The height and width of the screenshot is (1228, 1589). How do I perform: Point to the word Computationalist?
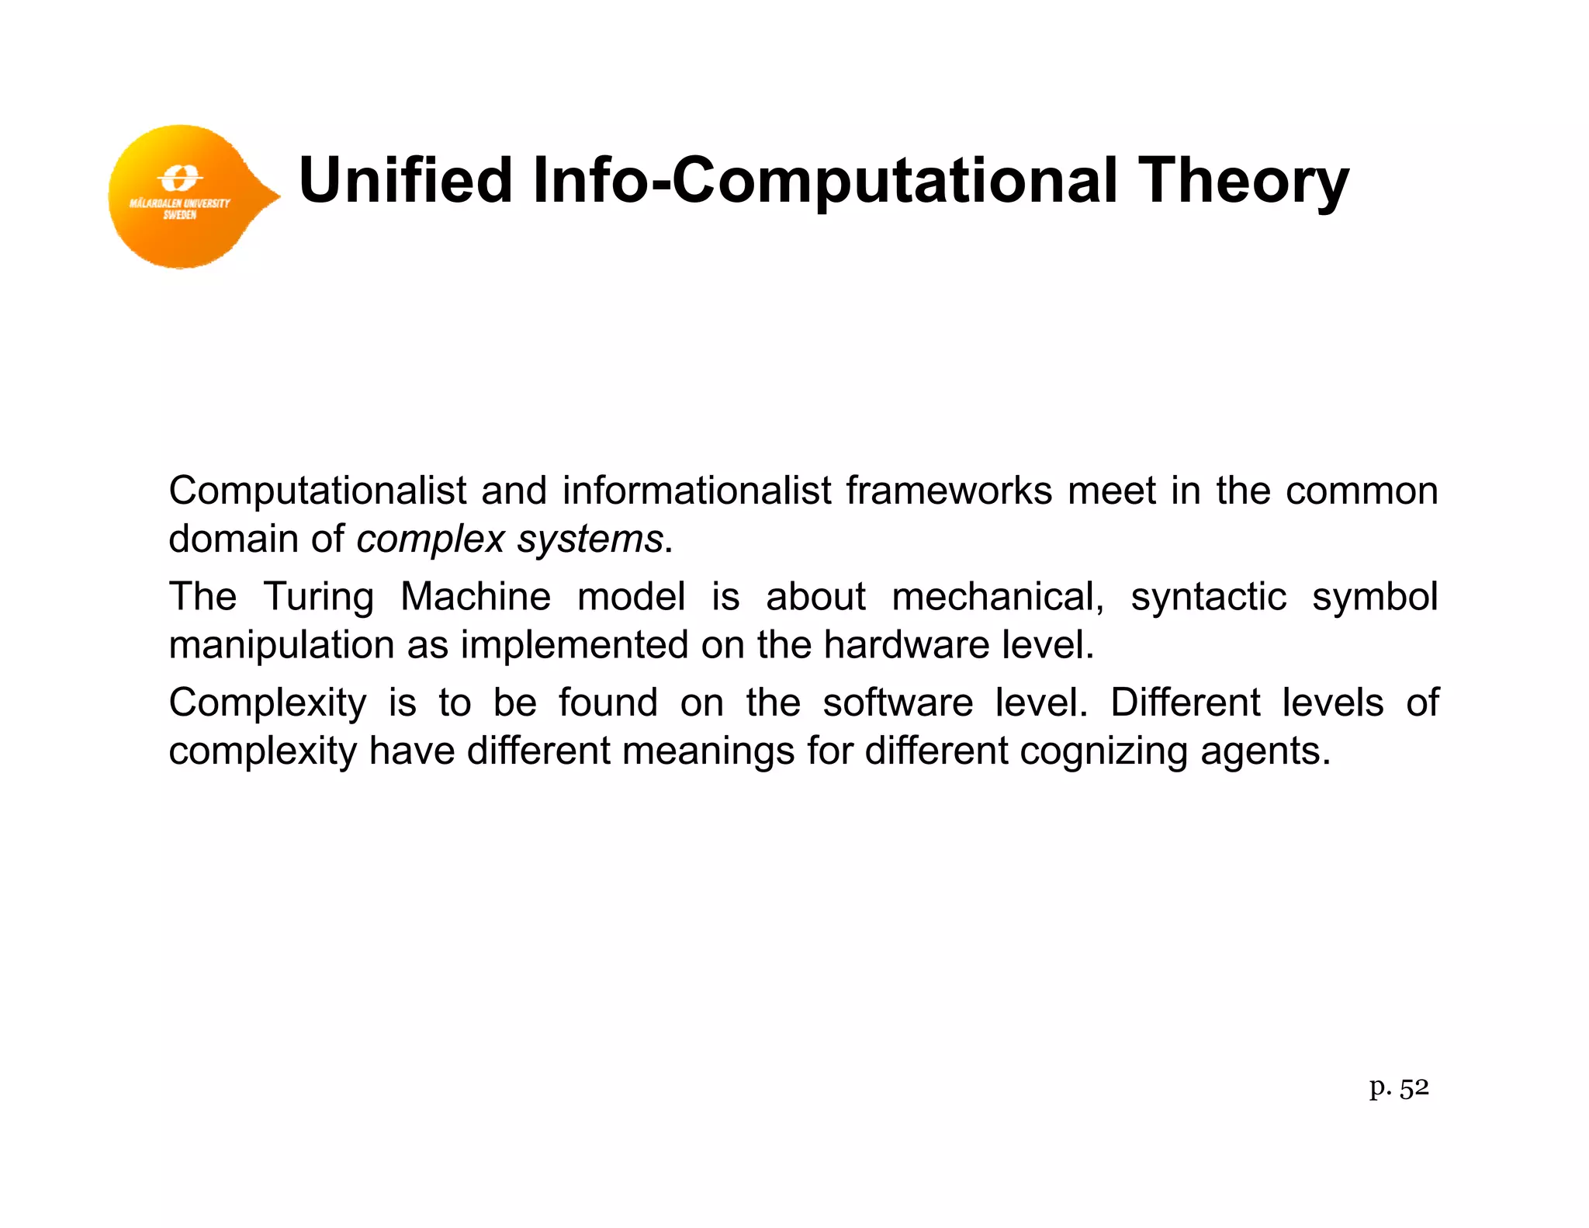[x=318, y=491]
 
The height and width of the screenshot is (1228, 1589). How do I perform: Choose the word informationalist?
[x=696, y=491]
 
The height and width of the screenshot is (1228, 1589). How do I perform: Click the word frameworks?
[x=948, y=491]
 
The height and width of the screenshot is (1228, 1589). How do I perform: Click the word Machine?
[x=475, y=596]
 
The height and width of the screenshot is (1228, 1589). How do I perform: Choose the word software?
[x=898, y=702]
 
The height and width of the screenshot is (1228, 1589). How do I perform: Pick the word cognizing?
[x=1103, y=751]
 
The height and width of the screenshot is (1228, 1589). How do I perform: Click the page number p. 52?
[x=1398, y=1088]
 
